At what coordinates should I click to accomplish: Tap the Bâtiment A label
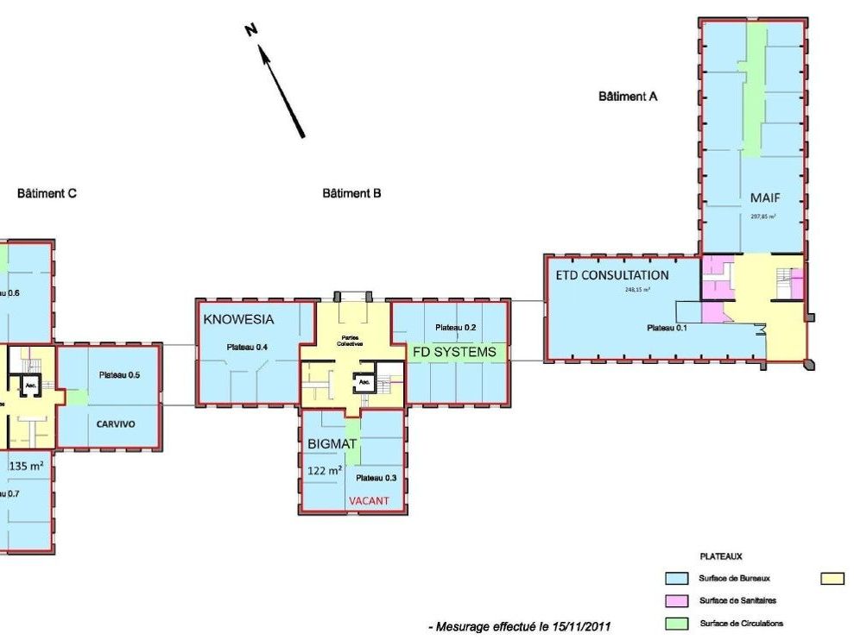(628, 97)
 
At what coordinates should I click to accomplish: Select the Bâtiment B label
(351, 193)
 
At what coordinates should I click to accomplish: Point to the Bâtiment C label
(47, 193)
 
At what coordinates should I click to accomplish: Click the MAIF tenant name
(764, 198)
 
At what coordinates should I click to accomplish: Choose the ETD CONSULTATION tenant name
(612, 275)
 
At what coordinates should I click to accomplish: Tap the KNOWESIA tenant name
(238, 319)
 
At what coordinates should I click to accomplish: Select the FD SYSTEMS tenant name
(454, 352)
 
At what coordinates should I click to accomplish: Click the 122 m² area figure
(326, 471)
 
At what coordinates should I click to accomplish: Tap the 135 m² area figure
(26, 466)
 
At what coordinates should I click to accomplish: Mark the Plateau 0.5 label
(119, 375)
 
